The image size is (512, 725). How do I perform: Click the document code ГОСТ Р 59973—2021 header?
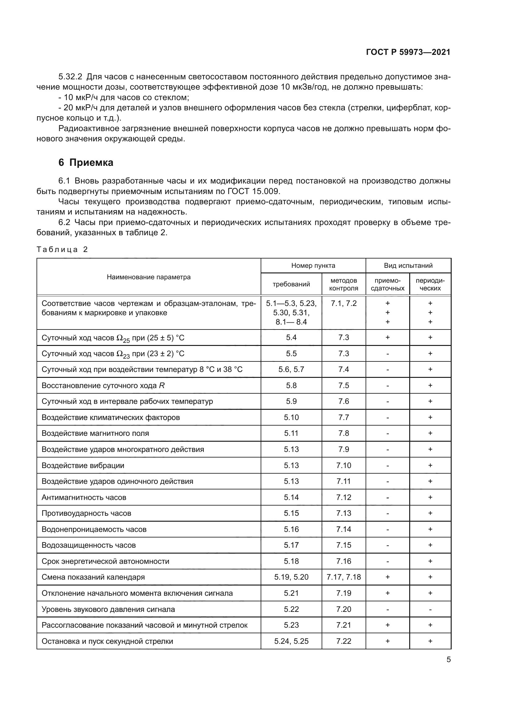408,52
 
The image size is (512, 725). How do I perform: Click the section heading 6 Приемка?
86,163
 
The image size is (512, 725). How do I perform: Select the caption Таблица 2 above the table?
62,250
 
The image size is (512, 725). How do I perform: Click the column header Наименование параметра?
149,277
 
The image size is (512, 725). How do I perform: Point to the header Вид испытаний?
408,266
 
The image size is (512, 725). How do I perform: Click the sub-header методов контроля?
344,284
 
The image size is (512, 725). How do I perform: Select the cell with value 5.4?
291,338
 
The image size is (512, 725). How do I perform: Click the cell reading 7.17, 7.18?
344,577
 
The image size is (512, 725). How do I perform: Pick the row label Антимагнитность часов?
84,497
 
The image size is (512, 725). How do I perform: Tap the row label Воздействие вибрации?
83,466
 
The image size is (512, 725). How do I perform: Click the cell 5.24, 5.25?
291,641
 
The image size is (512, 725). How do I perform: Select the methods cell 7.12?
344,497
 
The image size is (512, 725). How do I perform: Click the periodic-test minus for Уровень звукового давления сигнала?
430,609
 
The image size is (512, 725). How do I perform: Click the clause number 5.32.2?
70,77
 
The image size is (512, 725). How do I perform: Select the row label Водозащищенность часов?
89,545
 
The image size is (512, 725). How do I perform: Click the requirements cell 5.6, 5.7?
291,369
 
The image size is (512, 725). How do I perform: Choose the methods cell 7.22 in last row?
344,641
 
